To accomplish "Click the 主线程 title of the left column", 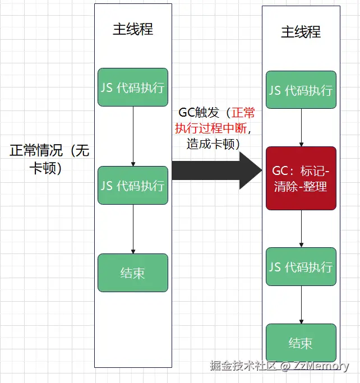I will (x=133, y=29).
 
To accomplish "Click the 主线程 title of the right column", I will (x=301, y=31).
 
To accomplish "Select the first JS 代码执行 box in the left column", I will (x=133, y=87).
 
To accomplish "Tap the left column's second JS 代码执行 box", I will (x=133, y=185).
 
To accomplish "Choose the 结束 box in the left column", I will (x=133, y=273).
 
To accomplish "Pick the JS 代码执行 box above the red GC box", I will (x=301, y=90).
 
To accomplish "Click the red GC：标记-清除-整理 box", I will (x=301, y=178).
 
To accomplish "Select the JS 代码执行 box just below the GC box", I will (x=301, y=266).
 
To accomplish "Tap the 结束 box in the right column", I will (x=301, y=343).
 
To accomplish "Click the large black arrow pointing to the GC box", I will (x=213, y=170).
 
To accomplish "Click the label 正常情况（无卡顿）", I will (x=49, y=159).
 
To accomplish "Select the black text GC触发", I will (x=196, y=113).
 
